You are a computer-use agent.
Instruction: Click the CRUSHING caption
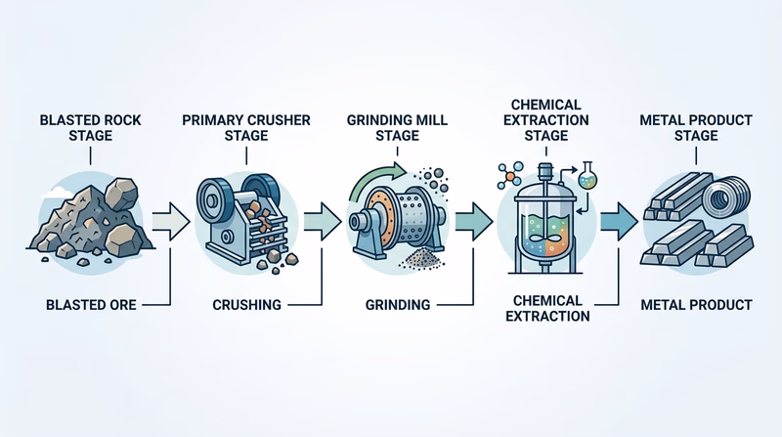pyautogui.click(x=246, y=305)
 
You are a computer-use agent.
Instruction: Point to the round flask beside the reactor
pyautogui.click(x=586, y=177)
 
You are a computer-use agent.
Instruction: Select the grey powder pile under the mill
pyautogui.click(x=422, y=258)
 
